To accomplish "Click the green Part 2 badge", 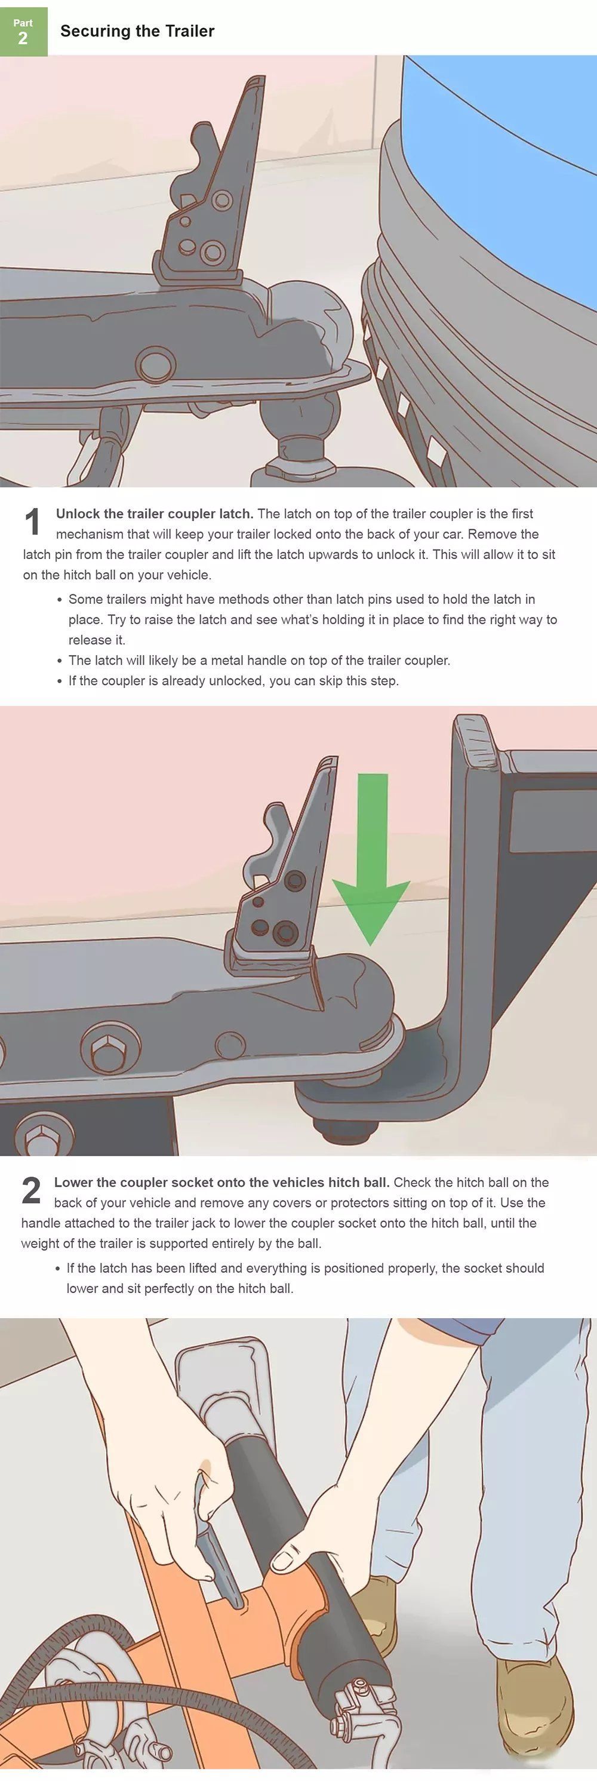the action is [23, 32].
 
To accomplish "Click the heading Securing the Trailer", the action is [137, 31].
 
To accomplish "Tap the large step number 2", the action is [32, 1190].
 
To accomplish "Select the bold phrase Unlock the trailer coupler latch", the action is [155, 514].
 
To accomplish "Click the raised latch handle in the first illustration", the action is [211, 194].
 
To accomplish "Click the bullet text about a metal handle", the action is [259, 661].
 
